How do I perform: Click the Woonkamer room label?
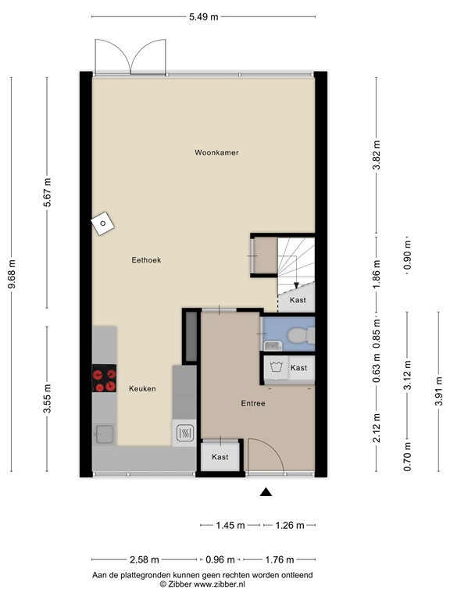216,152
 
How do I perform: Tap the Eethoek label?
146,260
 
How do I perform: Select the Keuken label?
142,388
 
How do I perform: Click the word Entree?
252,404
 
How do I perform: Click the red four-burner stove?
103,378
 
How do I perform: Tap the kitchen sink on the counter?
104,433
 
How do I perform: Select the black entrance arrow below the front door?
266,491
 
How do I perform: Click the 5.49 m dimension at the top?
203,16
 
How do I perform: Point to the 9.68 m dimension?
11,275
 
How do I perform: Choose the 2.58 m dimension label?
144,559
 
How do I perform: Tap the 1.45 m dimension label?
230,526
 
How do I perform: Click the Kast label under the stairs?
298,300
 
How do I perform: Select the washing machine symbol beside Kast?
275,367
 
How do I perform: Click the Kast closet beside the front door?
220,457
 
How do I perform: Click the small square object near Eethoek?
102,225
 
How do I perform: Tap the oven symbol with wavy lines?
185,433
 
